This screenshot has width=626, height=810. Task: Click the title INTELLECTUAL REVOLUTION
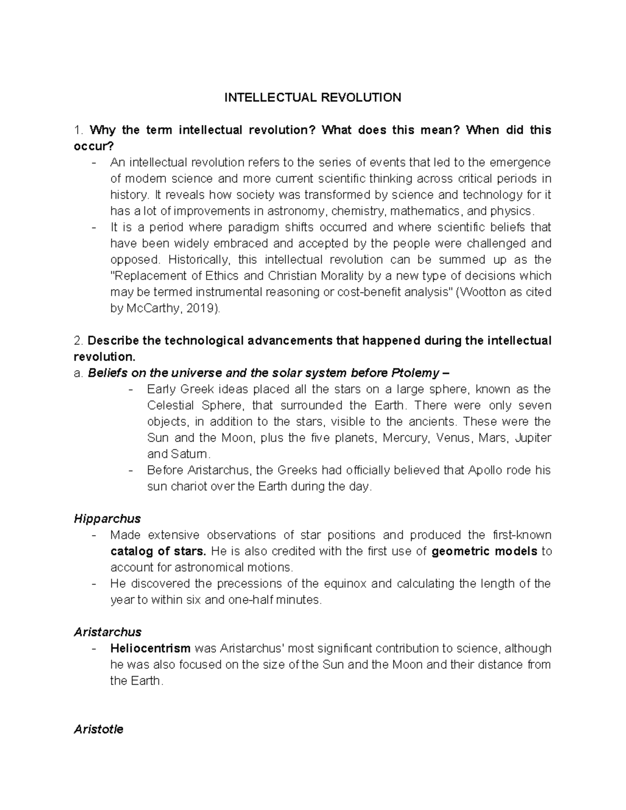[312, 98]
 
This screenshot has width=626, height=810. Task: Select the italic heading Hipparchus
[107, 519]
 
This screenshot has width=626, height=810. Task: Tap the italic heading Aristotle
[99, 729]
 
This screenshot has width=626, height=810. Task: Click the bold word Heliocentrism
[150, 648]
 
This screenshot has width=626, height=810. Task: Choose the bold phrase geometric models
[485, 551]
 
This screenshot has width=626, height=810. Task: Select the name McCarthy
[152, 308]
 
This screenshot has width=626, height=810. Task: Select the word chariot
[187, 487]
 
